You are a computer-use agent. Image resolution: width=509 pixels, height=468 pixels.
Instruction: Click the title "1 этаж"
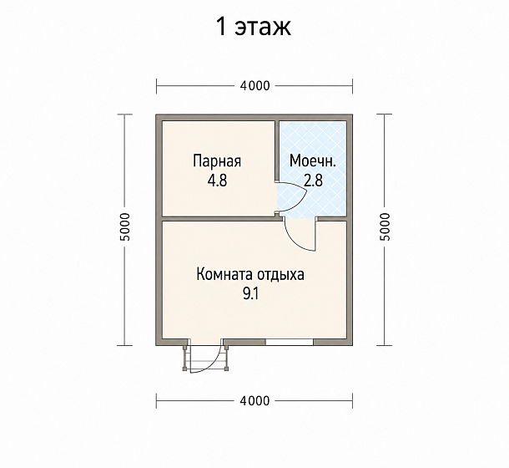[x=254, y=27]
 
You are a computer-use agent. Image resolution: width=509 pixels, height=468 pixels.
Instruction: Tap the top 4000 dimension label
[x=254, y=86]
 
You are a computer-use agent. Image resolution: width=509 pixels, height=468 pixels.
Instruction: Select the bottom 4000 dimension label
[x=254, y=400]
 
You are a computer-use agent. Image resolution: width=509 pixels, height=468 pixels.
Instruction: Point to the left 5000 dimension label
[x=125, y=227]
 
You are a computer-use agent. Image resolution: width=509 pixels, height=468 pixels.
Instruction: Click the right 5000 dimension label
[x=385, y=227]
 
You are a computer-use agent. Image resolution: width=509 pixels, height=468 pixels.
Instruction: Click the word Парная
[x=217, y=161]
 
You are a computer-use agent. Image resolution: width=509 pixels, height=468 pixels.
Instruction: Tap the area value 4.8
[x=218, y=181]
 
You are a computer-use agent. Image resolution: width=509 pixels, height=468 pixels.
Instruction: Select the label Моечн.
[x=313, y=160]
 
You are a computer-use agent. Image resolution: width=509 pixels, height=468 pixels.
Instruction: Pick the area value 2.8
[x=313, y=181]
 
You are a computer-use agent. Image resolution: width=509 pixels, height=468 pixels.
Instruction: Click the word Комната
[x=224, y=274]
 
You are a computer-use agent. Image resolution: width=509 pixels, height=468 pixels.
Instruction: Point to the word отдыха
[x=281, y=275]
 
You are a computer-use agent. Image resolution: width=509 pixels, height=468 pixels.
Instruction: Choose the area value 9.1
[x=250, y=294]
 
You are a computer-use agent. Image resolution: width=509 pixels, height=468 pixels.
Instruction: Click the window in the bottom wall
[x=290, y=342]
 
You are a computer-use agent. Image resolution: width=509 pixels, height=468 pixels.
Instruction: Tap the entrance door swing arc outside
[x=212, y=365]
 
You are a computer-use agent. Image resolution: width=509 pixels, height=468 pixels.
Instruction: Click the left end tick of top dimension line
[x=157, y=86]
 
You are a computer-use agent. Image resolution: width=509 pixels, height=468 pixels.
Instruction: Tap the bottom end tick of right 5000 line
[x=385, y=345]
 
